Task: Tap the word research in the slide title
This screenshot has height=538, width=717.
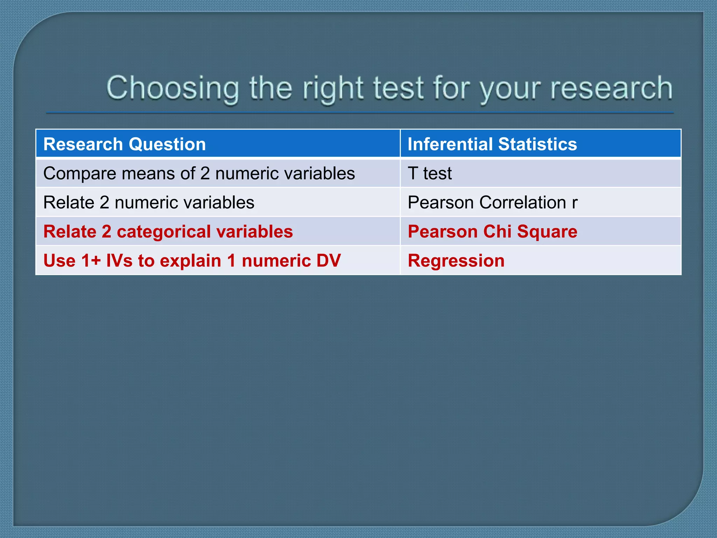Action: [611, 88]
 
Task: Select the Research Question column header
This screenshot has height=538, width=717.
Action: [125, 144]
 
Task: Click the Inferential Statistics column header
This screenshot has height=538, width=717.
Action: [492, 144]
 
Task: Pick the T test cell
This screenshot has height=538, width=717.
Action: [430, 173]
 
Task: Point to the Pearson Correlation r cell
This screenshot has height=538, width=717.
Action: [493, 202]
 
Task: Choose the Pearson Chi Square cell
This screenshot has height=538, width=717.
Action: [493, 232]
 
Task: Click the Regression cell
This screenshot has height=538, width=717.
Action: [456, 261]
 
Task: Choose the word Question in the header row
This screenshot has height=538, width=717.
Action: [167, 144]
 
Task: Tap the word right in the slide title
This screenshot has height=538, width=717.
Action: [333, 88]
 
